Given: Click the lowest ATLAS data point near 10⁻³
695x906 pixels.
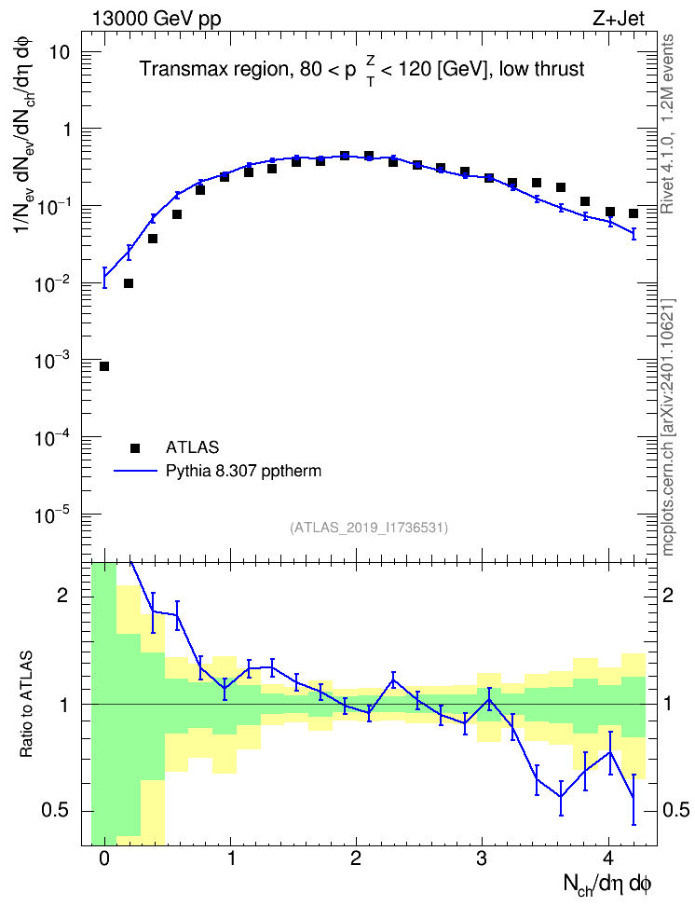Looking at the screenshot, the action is (x=104, y=366).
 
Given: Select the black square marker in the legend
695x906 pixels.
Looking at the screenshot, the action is (x=135, y=447).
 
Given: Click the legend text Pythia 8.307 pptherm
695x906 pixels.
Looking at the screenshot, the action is (x=243, y=471).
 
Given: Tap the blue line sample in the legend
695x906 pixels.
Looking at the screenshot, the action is (x=136, y=471).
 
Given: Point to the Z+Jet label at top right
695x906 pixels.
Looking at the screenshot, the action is (x=619, y=19).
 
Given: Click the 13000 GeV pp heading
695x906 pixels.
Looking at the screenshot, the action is (x=157, y=20).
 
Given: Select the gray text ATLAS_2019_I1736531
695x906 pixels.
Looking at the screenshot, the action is (x=369, y=527).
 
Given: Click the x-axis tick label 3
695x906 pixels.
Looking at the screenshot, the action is (x=482, y=858).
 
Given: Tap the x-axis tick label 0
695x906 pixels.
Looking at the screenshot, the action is (x=104, y=858).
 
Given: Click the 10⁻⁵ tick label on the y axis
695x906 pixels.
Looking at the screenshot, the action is (x=51, y=514).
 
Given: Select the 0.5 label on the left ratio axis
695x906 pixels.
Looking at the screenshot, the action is (x=55, y=811).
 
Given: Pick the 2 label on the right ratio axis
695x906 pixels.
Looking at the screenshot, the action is (x=668, y=595).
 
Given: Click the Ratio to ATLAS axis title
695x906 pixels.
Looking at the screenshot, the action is (x=26, y=705).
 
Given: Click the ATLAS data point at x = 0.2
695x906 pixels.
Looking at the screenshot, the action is (x=129, y=283).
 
